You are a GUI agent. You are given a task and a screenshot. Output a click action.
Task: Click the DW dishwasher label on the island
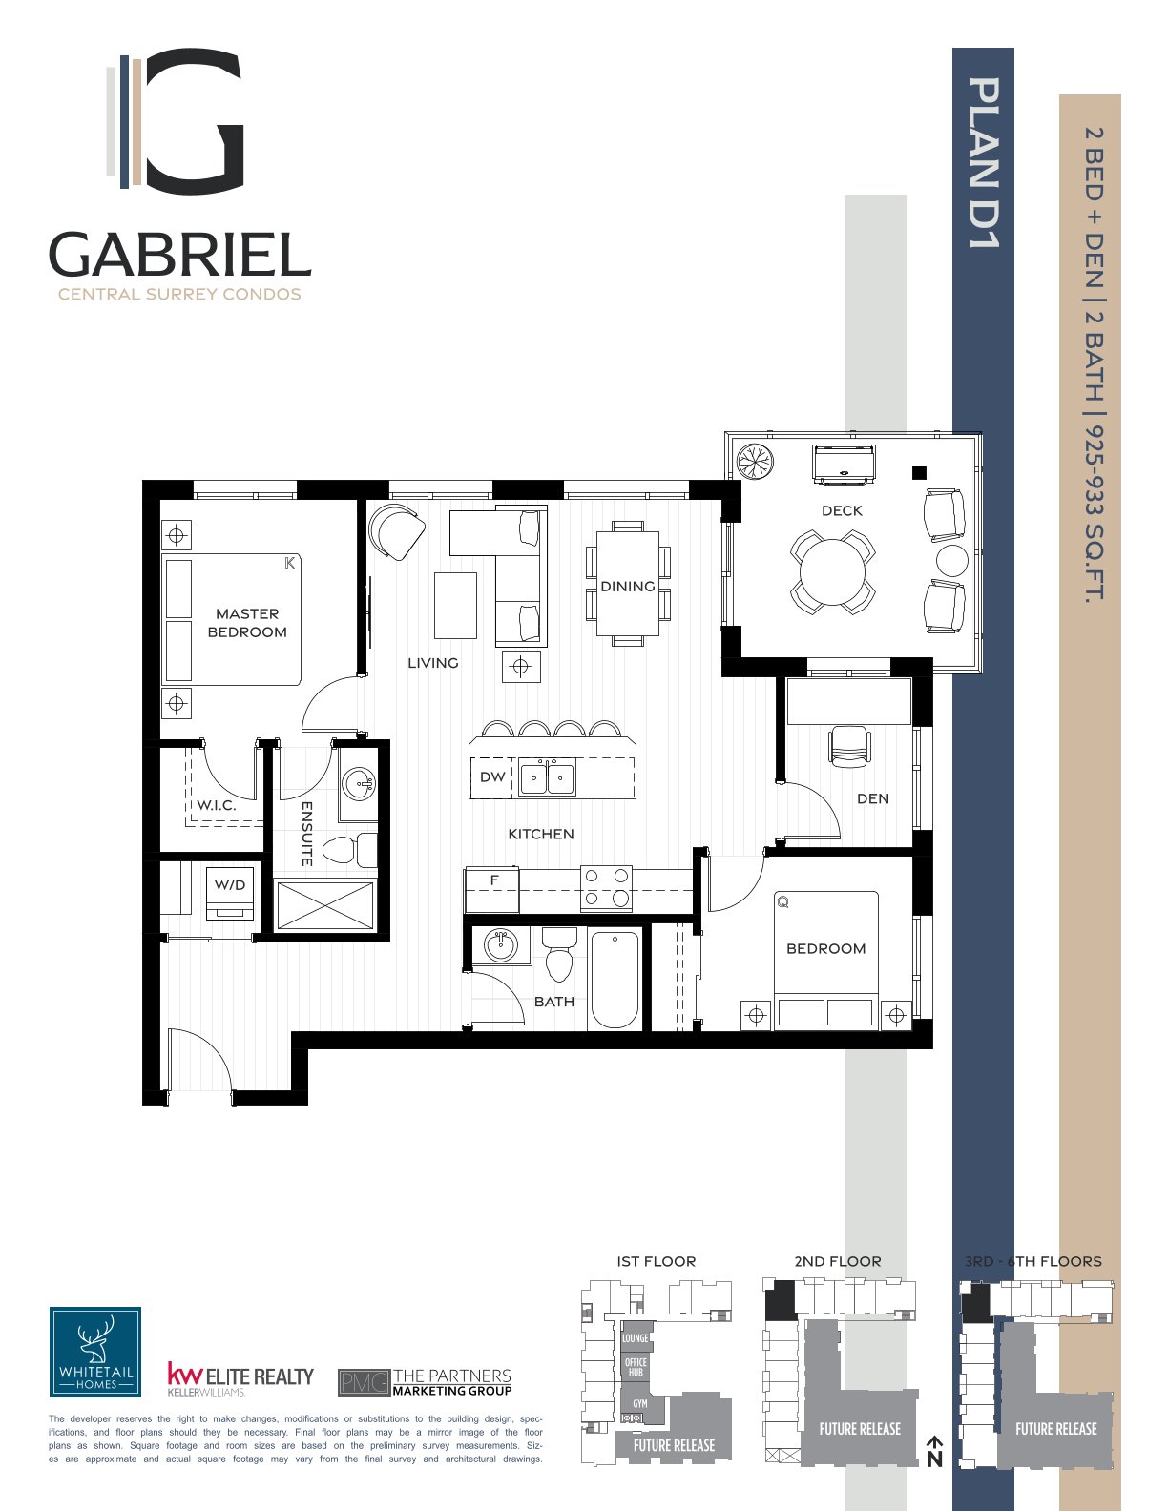point(492,776)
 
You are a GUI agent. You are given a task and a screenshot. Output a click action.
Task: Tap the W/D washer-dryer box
point(230,894)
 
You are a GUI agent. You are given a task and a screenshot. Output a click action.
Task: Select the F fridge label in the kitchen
point(494,880)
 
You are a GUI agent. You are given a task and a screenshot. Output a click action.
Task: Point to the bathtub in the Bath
point(615,980)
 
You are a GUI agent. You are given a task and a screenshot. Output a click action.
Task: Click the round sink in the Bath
point(501,944)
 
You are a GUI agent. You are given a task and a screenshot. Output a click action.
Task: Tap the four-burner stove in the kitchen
point(606,887)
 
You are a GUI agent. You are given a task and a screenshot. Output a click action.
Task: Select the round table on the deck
point(833,571)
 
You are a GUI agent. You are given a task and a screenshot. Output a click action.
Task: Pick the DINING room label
point(628,587)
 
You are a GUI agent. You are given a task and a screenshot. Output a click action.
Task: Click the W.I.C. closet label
point(217,805)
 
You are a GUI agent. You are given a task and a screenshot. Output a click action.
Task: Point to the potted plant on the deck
point(756,461)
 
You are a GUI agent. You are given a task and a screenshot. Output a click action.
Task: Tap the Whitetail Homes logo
point(95,1352)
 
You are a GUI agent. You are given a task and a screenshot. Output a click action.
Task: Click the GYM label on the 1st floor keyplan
point(640,1404)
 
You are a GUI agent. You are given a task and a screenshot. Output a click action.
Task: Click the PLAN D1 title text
point(984,162)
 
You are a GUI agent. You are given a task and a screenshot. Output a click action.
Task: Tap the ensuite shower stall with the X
point(324,904)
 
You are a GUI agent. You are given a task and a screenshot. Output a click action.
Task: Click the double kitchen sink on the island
point(548,777)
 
